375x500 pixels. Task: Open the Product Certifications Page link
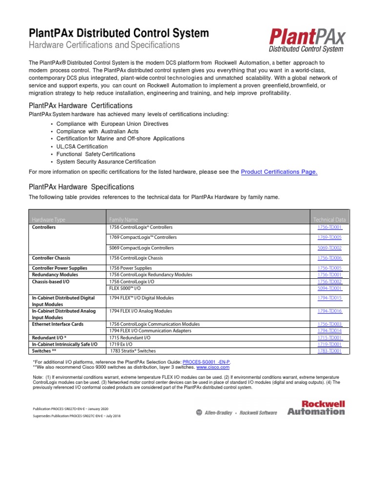pyautogui.click(x=279, y=172)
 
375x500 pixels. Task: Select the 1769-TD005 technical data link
pyautogui.click(x=330, y=237)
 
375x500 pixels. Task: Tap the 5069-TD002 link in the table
pyautogui.click(x=330, y=248)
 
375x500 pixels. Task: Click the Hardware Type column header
pyautogui.click(x=48, y=220)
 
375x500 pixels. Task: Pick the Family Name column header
pyautogui.click(x=124, y=220)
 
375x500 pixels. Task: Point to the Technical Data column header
pyautogui.click(x=329, y=220)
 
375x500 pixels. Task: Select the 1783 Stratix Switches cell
pyautogui.click(x=133, y=351)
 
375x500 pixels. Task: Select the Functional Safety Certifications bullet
pyautogui.click(x=96, y=154)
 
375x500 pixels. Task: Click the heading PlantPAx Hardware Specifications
pyautogui.click(x=81, y=187)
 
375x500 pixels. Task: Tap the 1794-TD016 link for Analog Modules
pyautogui.click(x=330, y=311)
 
